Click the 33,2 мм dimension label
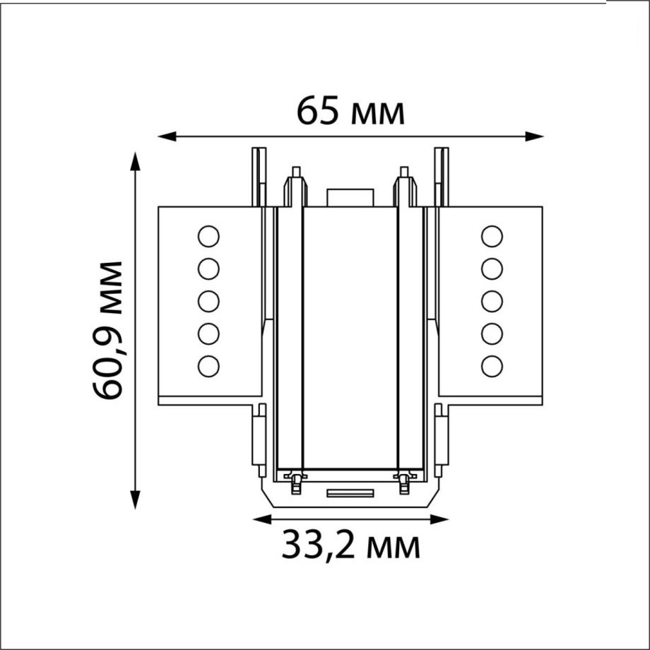350,545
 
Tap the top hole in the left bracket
208,236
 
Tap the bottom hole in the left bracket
208,365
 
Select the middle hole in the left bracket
208,301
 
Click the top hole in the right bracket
492,236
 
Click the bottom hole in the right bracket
492,365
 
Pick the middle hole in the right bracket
492,301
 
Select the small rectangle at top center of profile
350,198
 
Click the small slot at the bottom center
350,492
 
